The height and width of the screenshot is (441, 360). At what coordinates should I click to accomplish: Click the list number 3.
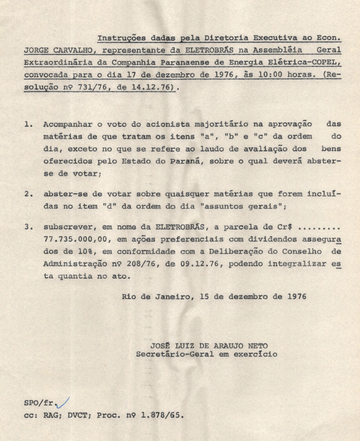tap(26, 226)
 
